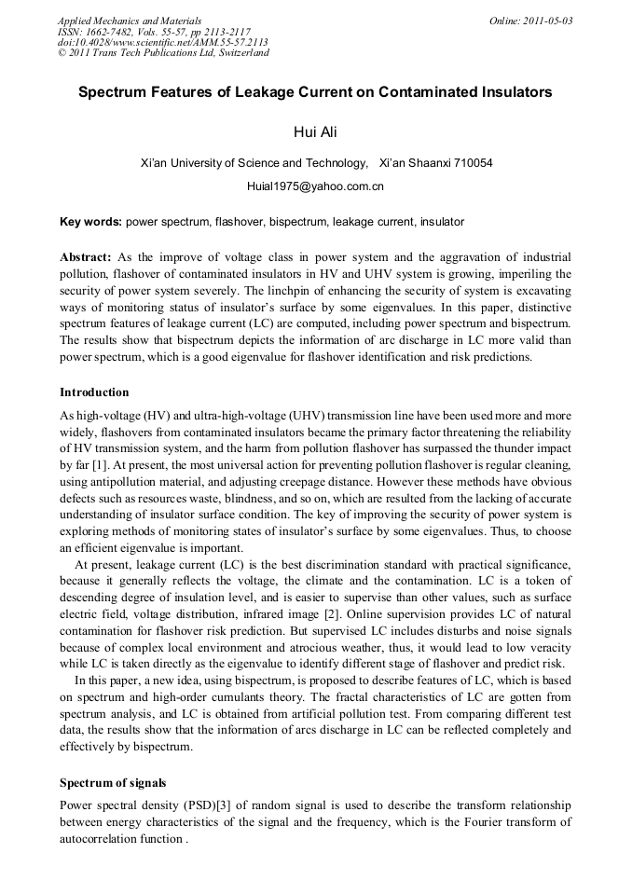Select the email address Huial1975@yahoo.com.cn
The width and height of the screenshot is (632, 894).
[x=315, y=186]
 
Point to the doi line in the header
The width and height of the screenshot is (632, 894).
[x=163, y=42]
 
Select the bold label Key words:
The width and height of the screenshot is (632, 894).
[x=90, y=222]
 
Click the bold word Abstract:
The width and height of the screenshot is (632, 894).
[x=86, y=256]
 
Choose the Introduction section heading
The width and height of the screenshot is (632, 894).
[x=94, y=392]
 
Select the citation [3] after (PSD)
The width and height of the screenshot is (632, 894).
[x=224, y=805]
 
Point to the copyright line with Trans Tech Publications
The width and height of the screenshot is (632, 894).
[x=163, y=53]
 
